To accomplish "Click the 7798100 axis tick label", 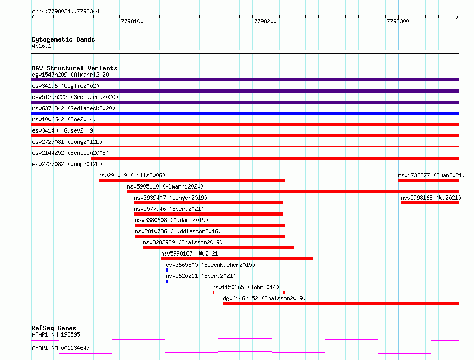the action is click(132, 21).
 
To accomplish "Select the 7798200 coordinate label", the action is click(265, 21).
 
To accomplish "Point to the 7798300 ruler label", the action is click(398, 21).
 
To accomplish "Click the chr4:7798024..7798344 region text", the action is click(66, 11).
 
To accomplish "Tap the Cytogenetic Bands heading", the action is click(63, 39).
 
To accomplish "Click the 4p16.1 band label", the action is click(42, 46).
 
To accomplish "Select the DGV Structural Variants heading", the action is click(75, 68).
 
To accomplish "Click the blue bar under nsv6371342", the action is click(245, 113).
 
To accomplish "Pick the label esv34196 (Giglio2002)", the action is click(66, 86).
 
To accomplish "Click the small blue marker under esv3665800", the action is click(167, 270).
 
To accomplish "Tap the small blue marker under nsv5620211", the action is click(167, 281).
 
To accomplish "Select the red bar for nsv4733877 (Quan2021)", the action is click(429, 181).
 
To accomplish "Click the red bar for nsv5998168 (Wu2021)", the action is click(430, 203).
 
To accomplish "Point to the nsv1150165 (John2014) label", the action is click(246, 287).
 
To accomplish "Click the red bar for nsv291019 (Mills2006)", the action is click(192, 181).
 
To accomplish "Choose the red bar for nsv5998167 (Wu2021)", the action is click(236, 259).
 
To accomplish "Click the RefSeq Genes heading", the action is click(54, 328).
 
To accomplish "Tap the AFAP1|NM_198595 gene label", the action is click(56, 334).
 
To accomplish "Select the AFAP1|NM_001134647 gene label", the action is click(61, 348).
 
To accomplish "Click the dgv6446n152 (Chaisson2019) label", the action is click(264, 298).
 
